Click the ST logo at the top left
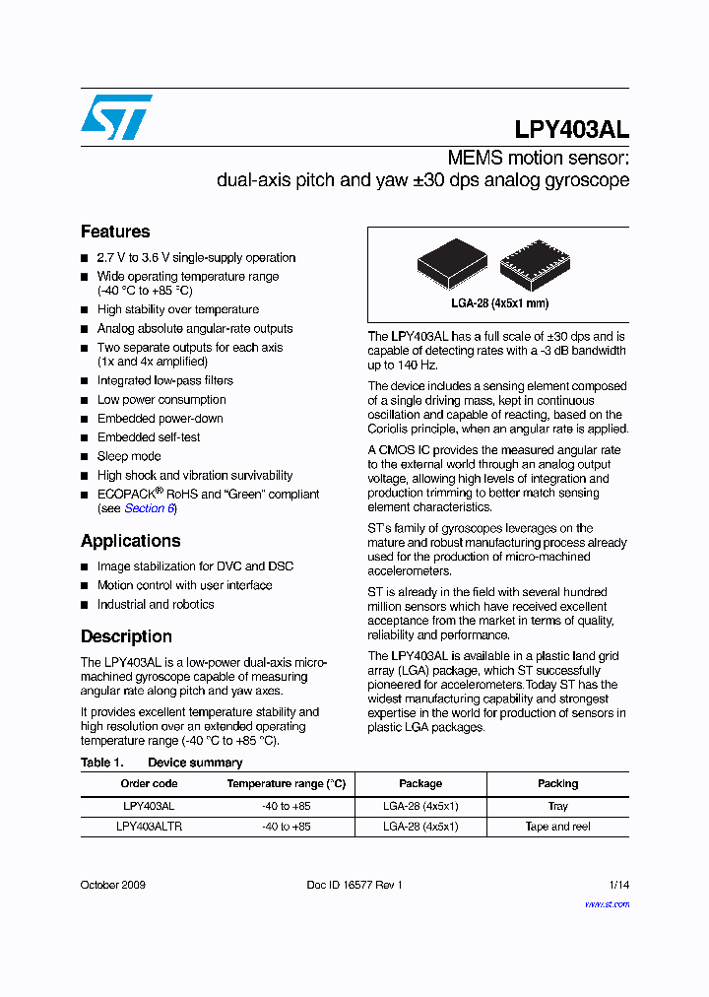pos(116,117)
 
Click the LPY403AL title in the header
pos(571,130)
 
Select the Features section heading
pos(115,232)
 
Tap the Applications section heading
pos(130,541)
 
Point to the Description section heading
pos(126,636)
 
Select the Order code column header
pos(149,783)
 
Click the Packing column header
pos(557,783)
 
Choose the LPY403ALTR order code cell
pos(149,827)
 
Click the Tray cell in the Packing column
pos(557,806)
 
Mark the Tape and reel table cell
pos(557,827)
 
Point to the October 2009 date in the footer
pos(113,885)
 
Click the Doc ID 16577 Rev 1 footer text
pos(354,885)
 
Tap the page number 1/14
pos(618,885)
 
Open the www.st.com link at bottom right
pos(607,903)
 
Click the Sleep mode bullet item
pos(129,456)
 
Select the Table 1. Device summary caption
pos(161,763)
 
